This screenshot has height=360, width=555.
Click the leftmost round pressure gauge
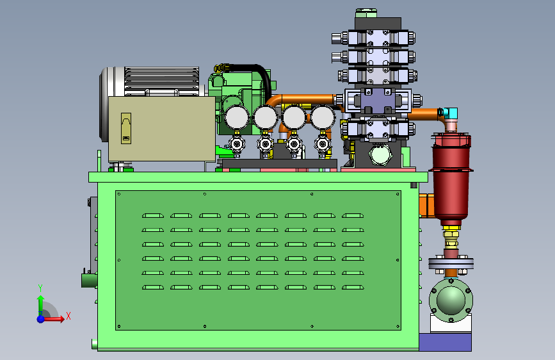pos(237,118)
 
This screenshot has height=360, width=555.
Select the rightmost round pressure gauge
pos(322,118)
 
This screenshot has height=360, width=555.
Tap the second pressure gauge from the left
pos(266,118)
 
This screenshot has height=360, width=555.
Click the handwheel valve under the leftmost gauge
pos(237,144)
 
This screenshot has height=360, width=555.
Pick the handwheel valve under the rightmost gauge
pos(323,144)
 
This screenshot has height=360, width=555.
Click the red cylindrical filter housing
pos(451,177)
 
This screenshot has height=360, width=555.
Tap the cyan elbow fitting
pos(449,113)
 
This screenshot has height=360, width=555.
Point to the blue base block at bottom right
pos(446,342)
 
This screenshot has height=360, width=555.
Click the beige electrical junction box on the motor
pos(162,129)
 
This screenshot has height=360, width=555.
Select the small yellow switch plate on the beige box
pos(126,128)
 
